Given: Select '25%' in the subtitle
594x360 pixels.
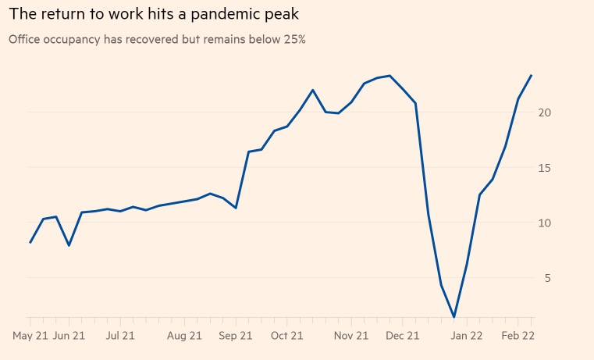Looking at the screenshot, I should pyautogui.click(x=293, y=39).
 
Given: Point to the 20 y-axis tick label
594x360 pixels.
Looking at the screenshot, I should pyautogui.click(x=544, y=112).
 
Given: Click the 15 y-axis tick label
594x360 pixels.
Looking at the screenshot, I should pyautogui.click(x=544, y=168).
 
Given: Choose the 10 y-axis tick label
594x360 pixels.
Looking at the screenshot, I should pyautogui.click(x=544, y=223).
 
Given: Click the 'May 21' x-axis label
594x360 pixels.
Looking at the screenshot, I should pyautogui.click(x=30, y=336).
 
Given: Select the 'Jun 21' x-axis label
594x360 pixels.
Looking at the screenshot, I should pyautogui.click(x=69, y=336).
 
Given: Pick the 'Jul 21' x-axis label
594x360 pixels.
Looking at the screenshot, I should pyautogui.click(x=120, y=336).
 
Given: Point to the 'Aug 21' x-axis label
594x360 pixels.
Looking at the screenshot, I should pyautogui.click(x=185, y=336).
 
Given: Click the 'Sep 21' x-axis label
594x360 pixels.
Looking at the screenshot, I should pyautogui.click(x=236, y=336).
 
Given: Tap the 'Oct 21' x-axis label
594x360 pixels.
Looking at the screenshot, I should pyautogui.click(x=286, y=336).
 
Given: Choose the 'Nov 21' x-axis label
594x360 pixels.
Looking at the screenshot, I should pyautogui.click(x=351, y=336).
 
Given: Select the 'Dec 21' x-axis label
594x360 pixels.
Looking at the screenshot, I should pyautogui.click(x=403, y=336).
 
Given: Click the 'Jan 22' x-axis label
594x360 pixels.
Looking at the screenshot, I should pyautogui.click(x=467, y=336).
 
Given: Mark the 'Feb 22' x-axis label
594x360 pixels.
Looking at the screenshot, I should pyautogui.click(x=518, y=336).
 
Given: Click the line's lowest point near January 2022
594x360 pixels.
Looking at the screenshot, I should pyautogui.click(x=454, y=317).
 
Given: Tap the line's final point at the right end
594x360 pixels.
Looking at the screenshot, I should pyautogui.click(x=531, y=76).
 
